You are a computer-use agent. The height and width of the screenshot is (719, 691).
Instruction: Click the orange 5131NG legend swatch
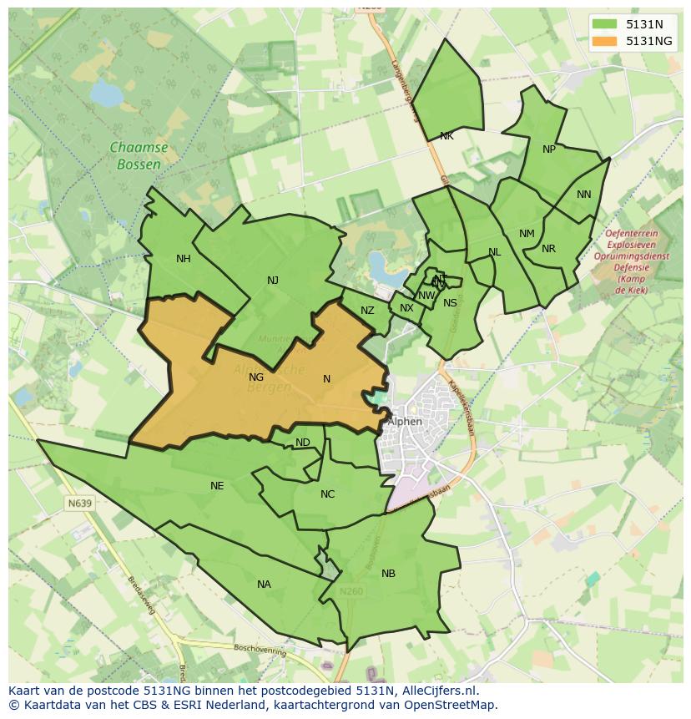[x=606, y=41]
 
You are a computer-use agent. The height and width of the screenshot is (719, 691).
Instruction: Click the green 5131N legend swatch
[x=606, y=24]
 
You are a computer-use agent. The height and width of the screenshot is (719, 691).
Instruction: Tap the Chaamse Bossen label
[x=139, y=156]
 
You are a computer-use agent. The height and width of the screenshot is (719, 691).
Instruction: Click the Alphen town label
[x=405, y=422]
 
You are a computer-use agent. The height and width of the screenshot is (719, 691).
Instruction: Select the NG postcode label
[x=256, y=377]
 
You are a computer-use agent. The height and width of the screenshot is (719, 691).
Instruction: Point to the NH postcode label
[x=184, y=259]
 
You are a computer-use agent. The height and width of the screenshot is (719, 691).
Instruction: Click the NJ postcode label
[x=273, y=281]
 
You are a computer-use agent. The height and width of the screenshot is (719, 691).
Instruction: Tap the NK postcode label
[x=446, y=136]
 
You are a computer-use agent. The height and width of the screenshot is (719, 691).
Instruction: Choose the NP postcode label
[x=549, y=149]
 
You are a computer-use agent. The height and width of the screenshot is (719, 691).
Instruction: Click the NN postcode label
[x=584, y=195]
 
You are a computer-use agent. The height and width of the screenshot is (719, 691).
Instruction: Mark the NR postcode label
[x=548, y=249]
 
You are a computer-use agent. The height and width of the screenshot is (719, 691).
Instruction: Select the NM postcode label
[x=527, y=234]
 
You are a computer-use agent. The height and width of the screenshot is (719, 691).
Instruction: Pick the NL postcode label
[x=495, y=252]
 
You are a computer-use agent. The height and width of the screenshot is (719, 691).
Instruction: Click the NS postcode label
[x=450, y=303]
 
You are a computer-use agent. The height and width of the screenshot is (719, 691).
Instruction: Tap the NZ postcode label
[x=367, y=311]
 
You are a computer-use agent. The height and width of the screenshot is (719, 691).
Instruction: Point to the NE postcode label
[x=217, y=486]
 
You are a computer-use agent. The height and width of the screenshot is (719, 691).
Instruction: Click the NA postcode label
[x=264, y=585]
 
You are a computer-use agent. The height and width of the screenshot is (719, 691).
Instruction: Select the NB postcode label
[x=388, y=574]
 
